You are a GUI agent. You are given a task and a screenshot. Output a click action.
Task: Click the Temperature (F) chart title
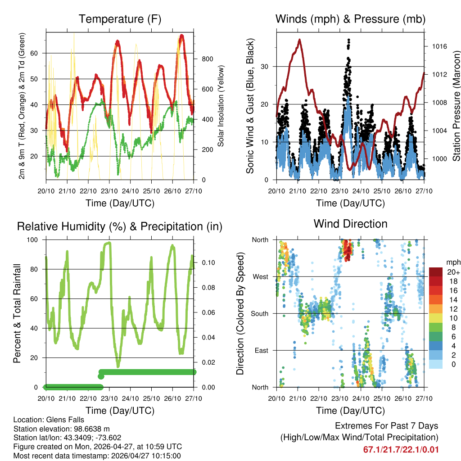tap(120, 19)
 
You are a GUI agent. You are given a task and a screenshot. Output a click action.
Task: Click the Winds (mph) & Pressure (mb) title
tap(350, 19)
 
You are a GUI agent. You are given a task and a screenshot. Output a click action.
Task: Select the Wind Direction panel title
tap(350, 224)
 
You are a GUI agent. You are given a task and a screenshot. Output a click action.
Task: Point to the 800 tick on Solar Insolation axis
tap(207, 59)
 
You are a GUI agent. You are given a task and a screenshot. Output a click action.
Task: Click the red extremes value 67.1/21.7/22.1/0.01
tap(401, 449)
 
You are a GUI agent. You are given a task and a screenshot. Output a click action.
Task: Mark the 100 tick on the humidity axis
tap(37, 240)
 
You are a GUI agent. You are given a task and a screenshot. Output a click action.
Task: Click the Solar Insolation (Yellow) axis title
tap(221, 106)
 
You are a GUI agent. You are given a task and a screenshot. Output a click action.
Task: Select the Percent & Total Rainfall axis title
tap(17, 313)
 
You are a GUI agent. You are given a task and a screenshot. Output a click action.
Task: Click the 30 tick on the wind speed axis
tap(266, 67)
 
